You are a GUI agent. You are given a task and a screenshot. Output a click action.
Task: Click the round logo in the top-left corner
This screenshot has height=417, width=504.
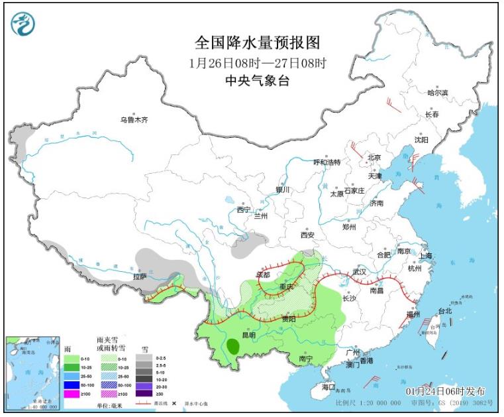tap(23, 24)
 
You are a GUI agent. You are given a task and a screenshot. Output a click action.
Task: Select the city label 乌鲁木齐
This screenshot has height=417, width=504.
tap(135, 120)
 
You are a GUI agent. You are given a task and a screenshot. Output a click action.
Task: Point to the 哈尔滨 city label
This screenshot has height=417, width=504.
tap(437, 93)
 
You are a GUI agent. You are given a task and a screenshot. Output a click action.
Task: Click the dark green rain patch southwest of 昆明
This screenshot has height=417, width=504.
tap(232, 345)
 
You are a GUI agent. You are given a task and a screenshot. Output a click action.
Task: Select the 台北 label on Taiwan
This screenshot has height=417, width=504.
tap(444, 310)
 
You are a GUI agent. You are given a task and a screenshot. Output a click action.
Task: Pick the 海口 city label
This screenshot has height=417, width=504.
tap(329, 387)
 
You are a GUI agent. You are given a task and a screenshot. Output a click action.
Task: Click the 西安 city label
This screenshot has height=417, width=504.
tap(307, 235)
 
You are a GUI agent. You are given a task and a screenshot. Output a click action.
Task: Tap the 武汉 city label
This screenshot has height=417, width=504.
tap(360, 272)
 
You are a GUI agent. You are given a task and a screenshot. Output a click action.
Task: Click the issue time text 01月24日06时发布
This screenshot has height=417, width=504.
tap(445, 391)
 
